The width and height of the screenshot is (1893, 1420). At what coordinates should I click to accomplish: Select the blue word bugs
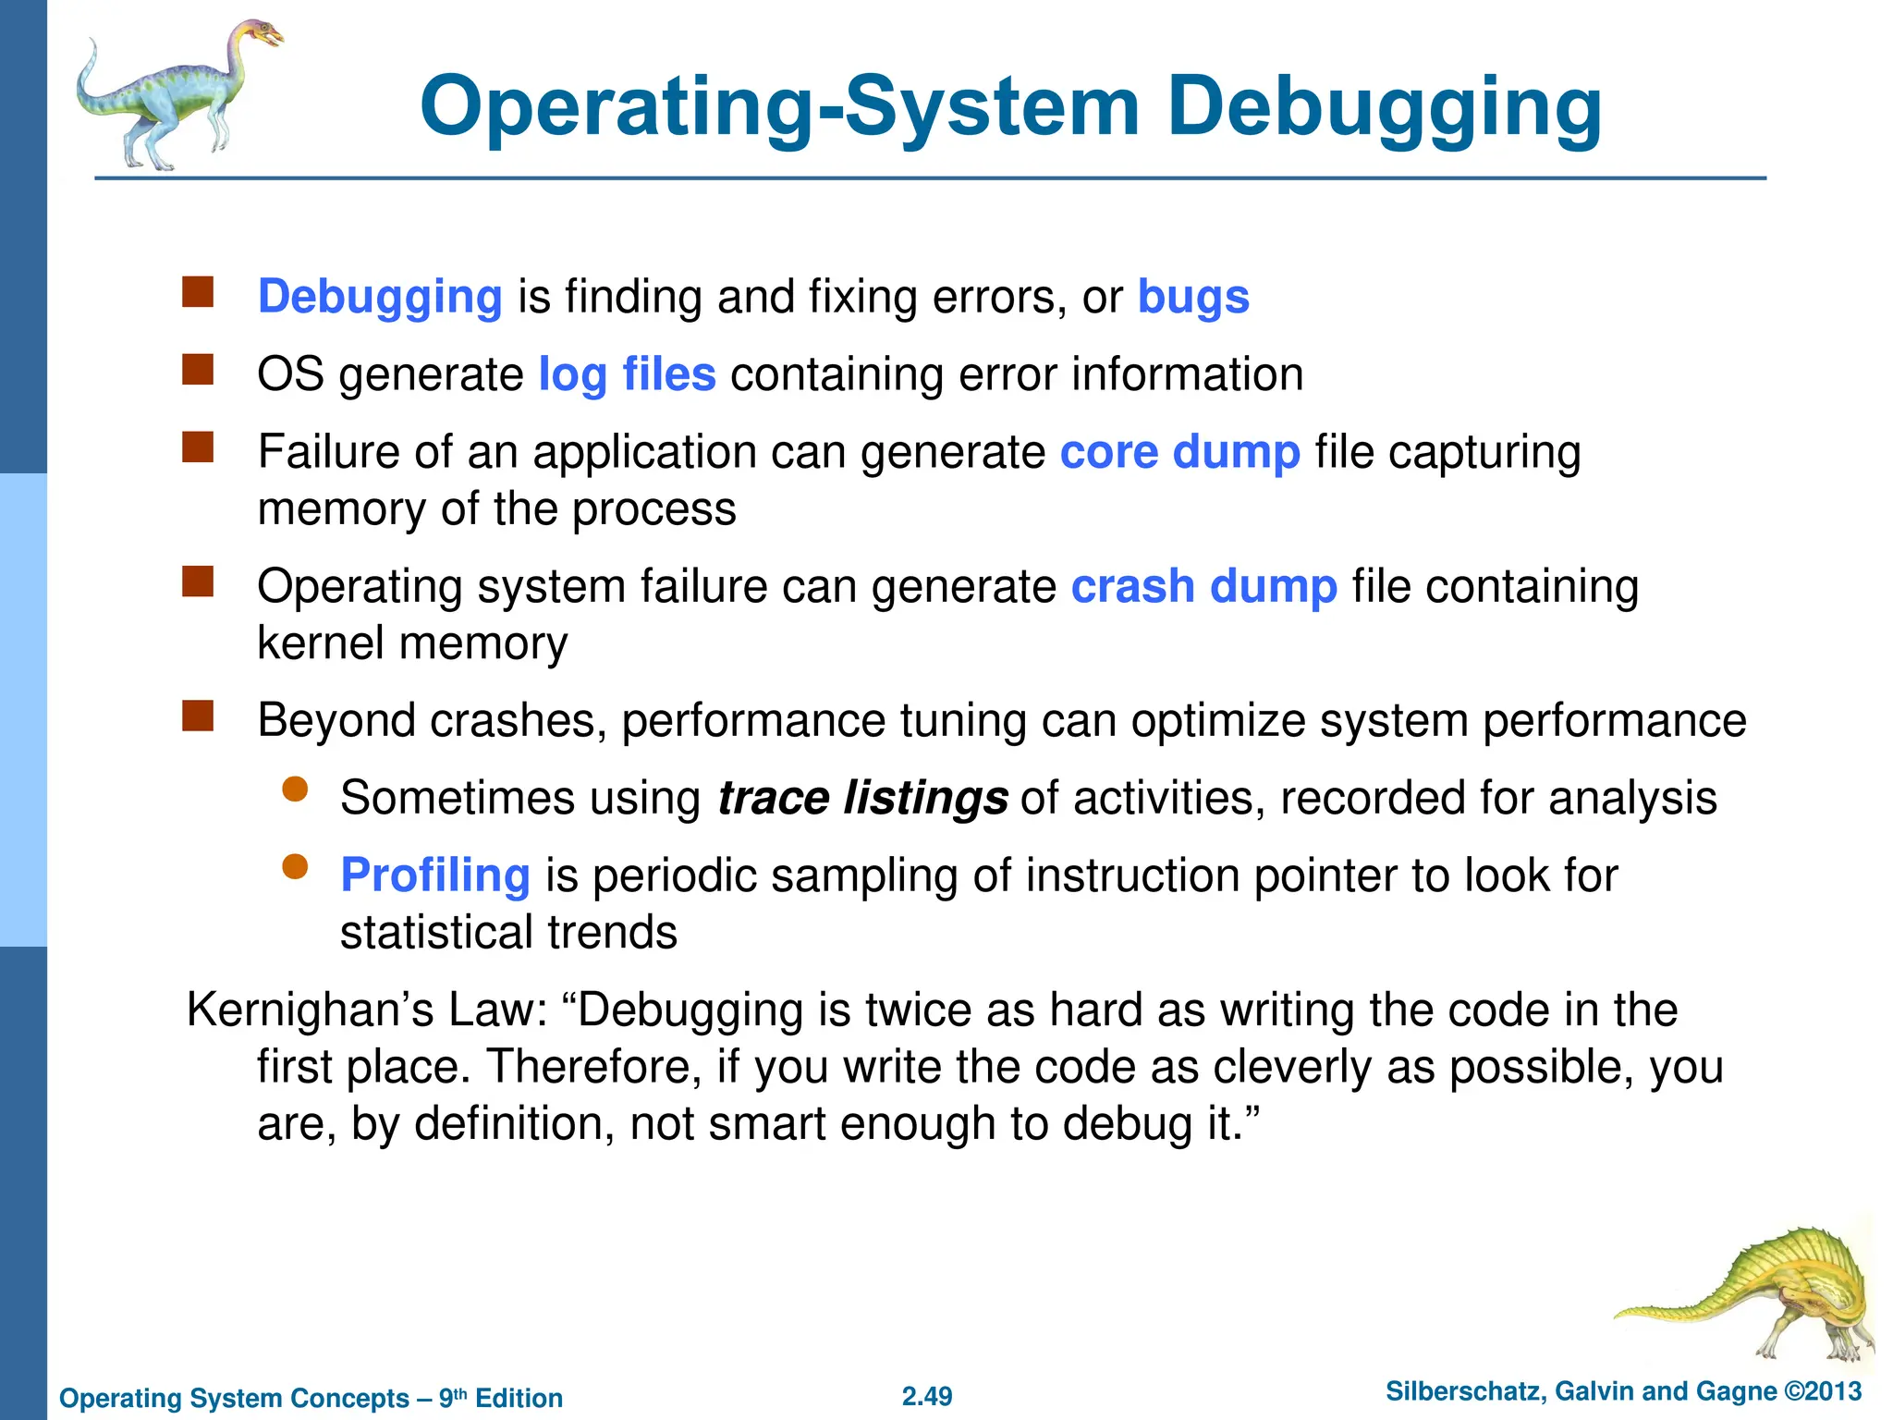[x=1192, y=298]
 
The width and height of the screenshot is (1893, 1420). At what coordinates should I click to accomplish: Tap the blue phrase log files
[x=627, y=375]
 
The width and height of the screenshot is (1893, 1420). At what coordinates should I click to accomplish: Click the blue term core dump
[x=1179, y=453]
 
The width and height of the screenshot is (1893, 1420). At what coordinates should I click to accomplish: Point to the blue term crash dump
[x=1203, y=587]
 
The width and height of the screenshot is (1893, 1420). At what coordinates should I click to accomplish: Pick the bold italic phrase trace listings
[x=862, y=798]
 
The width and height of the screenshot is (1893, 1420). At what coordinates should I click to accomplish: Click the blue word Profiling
[x=435, y=875]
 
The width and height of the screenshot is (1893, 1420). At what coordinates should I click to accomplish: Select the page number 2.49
[x=927, y=1396]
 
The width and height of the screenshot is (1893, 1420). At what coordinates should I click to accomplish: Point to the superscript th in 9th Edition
[x=459, y=1391]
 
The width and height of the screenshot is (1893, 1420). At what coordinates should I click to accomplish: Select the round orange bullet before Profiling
[x=295, y=867]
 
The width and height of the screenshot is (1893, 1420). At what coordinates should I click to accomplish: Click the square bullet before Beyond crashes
[x=198, y=716]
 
